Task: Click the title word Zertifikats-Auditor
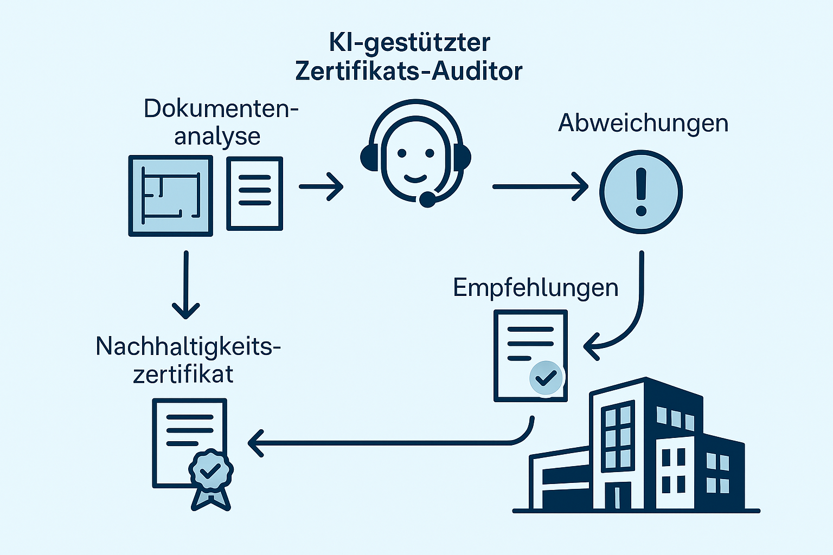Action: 408,72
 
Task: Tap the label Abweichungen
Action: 643,124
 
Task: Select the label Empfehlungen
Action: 535,287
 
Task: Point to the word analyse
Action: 217,137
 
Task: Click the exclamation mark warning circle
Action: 640,192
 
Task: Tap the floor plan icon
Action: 170,196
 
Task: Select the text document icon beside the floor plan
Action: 254,193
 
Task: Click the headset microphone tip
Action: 427,199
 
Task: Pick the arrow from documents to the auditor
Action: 321,186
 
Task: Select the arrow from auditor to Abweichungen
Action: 540,186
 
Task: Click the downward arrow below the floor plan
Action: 186,285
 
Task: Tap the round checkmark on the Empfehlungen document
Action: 546,378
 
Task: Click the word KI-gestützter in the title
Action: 409,42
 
